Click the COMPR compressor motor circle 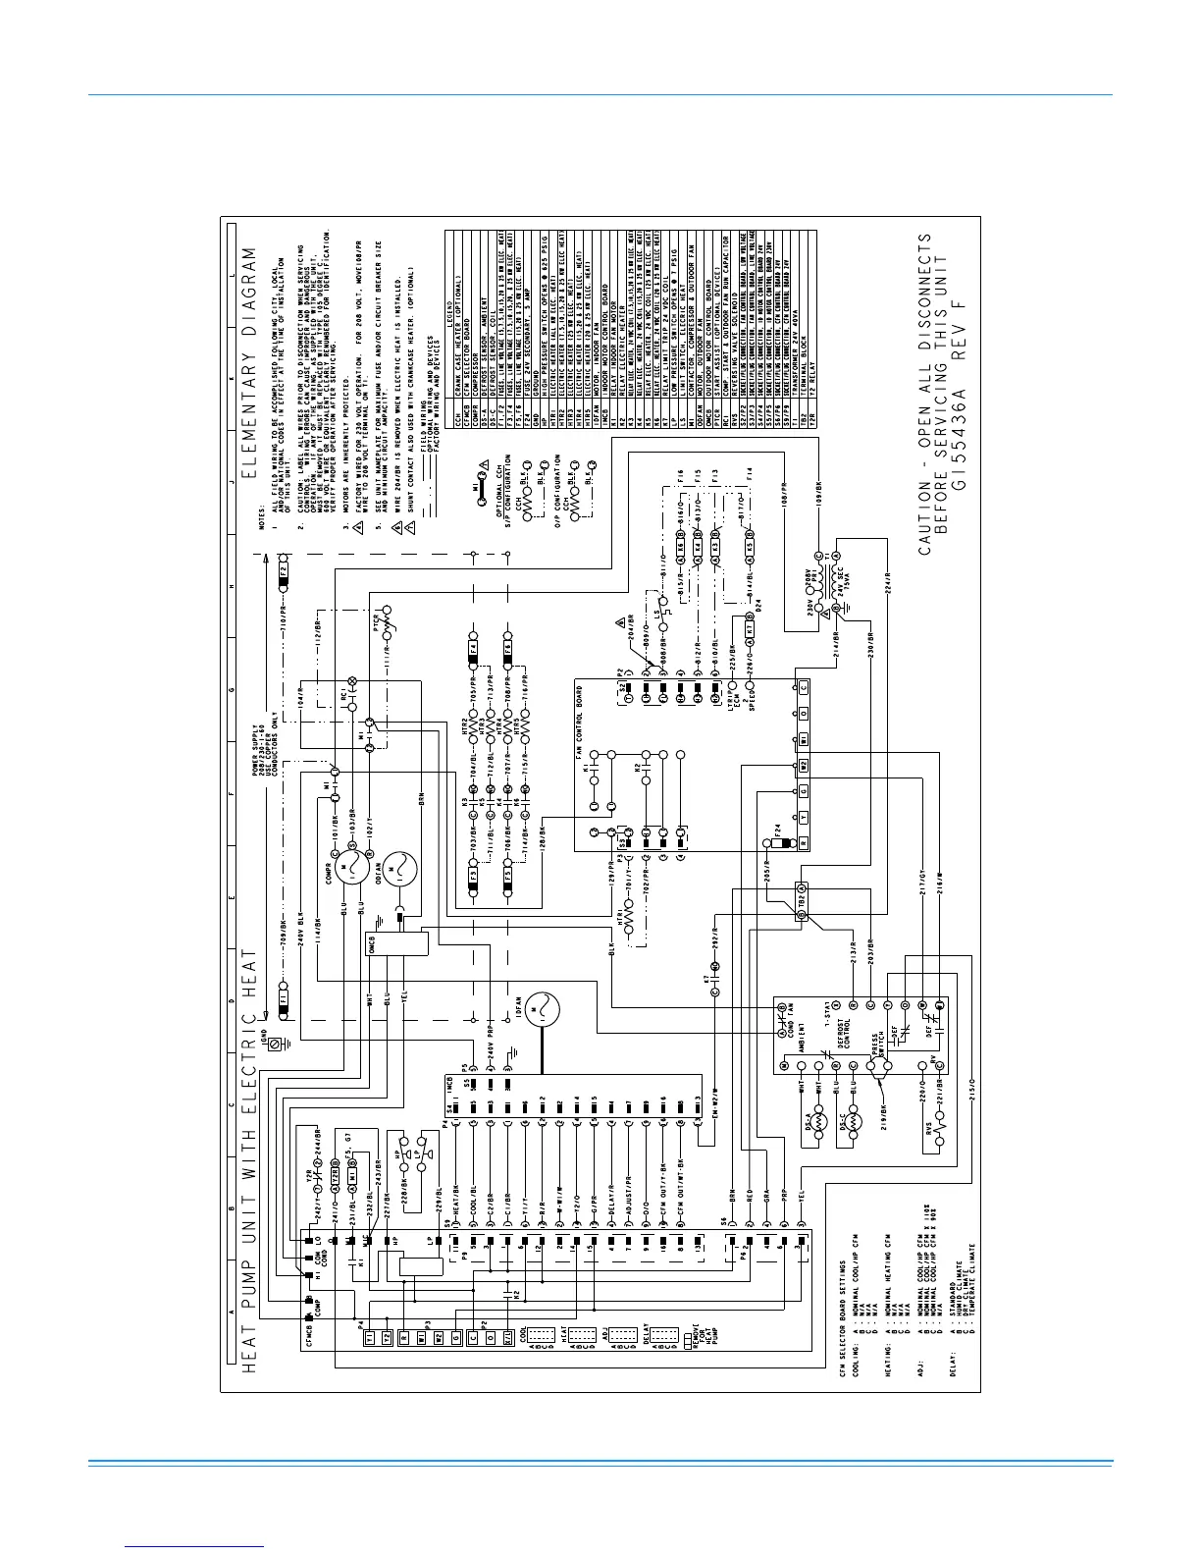(x=350, y=868)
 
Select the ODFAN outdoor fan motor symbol (x=399, y=868)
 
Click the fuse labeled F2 (x=284, y=569)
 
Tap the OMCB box (x=398, y=944)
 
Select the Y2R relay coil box (x=335, y=1175)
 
